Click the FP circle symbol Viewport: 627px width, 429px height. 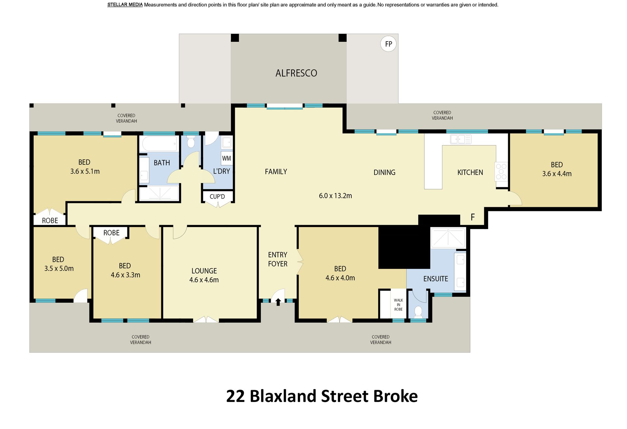pyautogui.click(x=388, y=44)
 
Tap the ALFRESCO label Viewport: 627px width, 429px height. pyautogui.click(x=296, y=73)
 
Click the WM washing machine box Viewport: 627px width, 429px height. pyautogui.click(x=226, y=159)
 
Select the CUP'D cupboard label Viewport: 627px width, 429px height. pyautogui.click(x=217, y=197)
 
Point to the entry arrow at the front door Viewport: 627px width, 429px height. pyautogui.click(x=278, y=302)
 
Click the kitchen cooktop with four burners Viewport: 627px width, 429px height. pyautogui.click(x=501, y=172)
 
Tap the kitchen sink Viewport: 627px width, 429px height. pyautogui.click(x=460, y=139)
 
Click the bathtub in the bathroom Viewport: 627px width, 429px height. pyautogui.click(x=159, y=144)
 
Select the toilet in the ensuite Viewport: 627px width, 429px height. pyautogui.click(x=418, y=312)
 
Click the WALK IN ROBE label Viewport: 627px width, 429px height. pyautogui.click(x=398, y=305)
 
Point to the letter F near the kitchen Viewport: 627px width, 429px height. pyautogui.click(x=473, y=217)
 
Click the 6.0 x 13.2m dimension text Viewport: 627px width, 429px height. pyautogui.click(x=335, y=196)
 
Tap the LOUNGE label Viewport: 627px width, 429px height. pyautogui.click(x=204, y=271)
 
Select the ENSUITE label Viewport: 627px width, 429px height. pyautogui.click(x=436, y=279)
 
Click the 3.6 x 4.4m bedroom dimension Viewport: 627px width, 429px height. pyautogui.click(x=557, y=174)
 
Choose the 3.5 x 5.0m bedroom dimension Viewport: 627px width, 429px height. pyautogui.click(x=59, y=268)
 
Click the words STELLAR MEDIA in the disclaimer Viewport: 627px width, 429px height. pyautogui.click(x=125, y=5)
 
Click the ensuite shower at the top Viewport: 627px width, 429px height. pyautogui.click(x=448, y=238)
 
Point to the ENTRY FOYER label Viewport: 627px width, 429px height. pyautogui.click(x=278, y=259)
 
